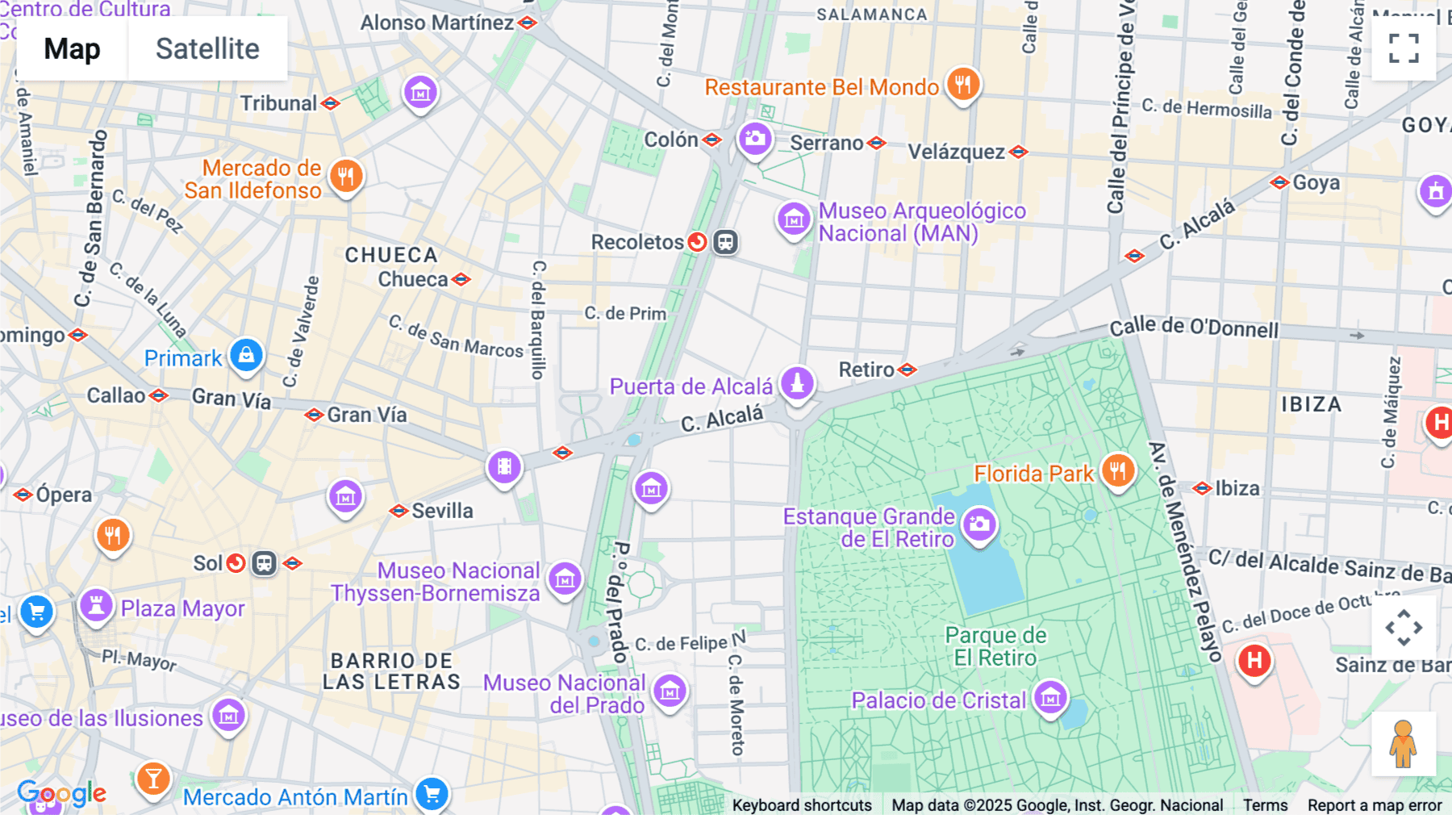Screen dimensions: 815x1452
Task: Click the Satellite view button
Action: click(207, 49)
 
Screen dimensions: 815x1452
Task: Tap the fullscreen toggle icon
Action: click(1404, 48)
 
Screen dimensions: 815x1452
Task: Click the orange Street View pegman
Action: click(1403, 743)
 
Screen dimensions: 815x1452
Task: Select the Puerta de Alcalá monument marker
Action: click(797, 382)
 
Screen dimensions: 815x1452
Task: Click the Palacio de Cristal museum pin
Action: click(1050, 696)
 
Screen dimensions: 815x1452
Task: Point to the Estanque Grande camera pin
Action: click(979, 525)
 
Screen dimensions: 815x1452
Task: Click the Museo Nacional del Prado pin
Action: click(670, 691)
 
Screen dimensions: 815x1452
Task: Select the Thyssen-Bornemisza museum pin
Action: click(565, 579)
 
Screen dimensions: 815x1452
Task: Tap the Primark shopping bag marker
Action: click(246, 355)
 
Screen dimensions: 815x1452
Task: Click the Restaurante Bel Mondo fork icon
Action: click(962, 83)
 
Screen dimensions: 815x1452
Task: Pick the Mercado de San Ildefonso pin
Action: click(346, 176)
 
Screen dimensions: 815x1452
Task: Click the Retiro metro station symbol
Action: click(907, 370)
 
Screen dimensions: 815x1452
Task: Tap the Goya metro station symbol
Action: click(1279, 182)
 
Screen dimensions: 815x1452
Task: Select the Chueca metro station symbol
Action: click(461, 279)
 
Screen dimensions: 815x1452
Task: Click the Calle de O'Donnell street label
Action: click(1194, 328)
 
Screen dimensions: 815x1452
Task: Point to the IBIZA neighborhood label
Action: click(1312, 404)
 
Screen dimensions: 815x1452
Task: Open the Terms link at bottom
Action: click(1265, 805)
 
